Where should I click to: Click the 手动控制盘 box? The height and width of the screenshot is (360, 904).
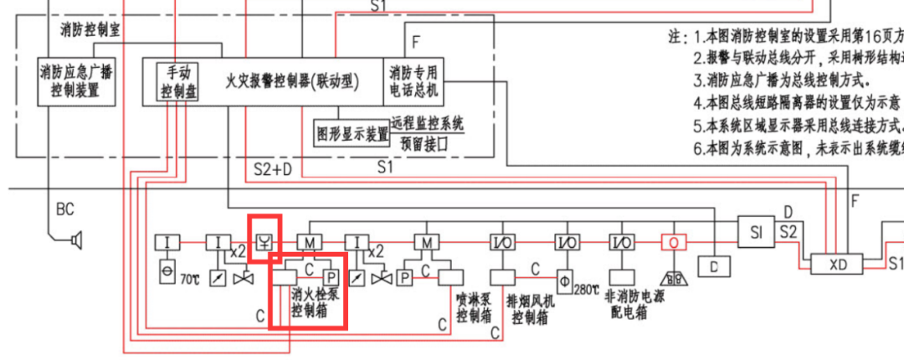point(180,81)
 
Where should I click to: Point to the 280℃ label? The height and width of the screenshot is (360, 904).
point(587,289)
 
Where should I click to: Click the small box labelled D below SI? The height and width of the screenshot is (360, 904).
point(714,266)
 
